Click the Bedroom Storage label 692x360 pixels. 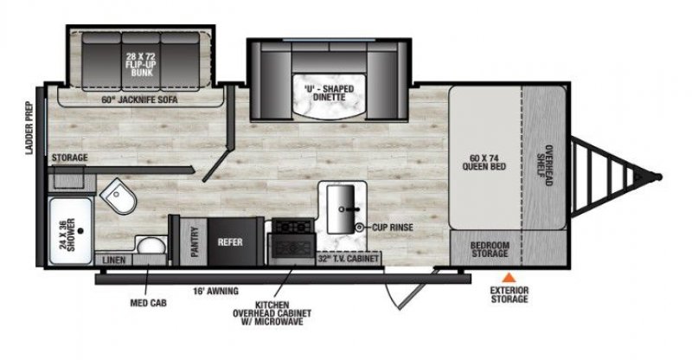tap(490, 250)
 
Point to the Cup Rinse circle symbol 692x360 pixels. tap(359, 227)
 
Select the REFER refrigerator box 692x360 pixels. tap(230, 243)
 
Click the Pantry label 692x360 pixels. tap(195, 243)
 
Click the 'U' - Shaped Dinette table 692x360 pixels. tap(324, 93)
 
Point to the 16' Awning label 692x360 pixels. tap(216, 290)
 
